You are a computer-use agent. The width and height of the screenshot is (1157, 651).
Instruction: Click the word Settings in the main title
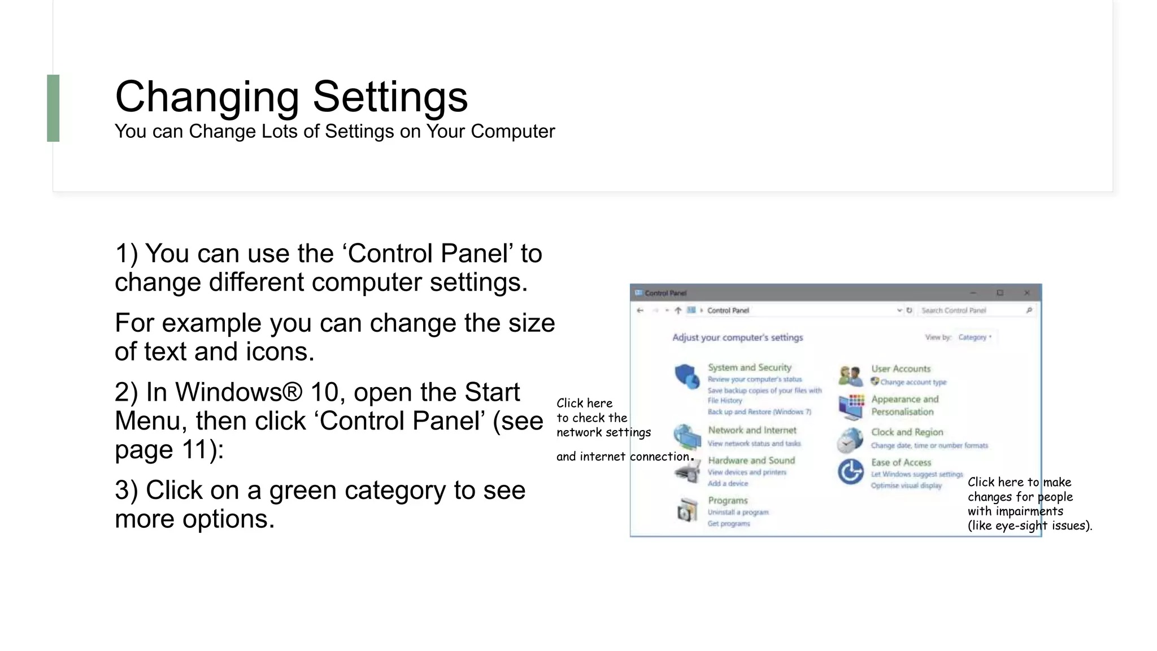390,97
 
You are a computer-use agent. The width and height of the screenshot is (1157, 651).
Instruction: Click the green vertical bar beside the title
53,108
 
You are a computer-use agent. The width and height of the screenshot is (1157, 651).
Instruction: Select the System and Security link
749,367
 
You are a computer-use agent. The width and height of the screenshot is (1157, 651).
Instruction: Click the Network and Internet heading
752,430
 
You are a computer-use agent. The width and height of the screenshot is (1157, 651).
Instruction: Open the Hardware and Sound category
751,461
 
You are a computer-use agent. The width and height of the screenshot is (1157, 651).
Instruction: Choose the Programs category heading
728,501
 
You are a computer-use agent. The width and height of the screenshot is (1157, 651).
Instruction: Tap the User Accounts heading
901,368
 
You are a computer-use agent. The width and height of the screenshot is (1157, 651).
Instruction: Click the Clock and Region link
907,432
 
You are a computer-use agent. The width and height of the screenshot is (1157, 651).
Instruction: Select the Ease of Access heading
901,462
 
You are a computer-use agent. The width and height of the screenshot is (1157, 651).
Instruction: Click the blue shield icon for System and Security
686,376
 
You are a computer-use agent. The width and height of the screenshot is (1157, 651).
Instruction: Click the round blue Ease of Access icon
850,472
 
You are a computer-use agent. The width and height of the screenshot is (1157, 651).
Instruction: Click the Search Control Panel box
972,310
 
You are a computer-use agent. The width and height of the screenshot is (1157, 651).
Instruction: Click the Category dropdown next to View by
975,337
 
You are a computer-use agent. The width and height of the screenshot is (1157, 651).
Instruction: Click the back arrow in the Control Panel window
640,310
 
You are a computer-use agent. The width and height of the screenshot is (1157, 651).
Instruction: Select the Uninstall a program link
738,513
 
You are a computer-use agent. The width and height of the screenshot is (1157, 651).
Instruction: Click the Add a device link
728,484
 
